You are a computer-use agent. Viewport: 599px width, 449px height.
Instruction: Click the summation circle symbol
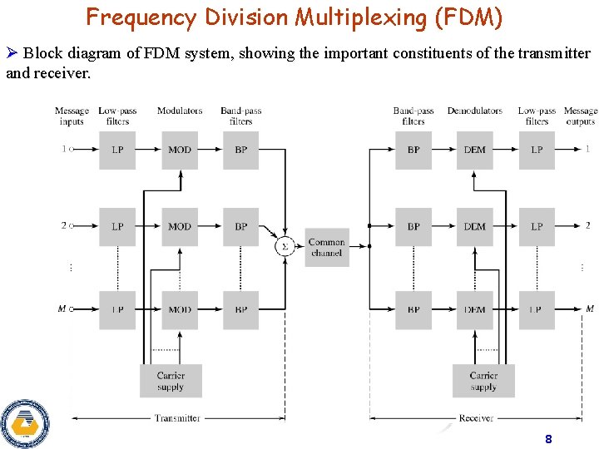pos(285,246)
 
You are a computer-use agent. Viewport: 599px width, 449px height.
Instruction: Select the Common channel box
pos(327,247)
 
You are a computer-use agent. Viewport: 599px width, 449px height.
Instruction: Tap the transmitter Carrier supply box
pos(171,381)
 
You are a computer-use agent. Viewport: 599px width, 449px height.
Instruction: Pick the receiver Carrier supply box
pos(483,381)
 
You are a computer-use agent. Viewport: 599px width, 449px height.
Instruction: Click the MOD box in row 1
pos(180,150)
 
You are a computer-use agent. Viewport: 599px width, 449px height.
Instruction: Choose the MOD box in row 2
pos(180,226)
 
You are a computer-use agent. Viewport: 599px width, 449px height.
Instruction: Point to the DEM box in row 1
pos(475,150)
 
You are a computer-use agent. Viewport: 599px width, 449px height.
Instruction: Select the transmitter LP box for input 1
pos(117,150)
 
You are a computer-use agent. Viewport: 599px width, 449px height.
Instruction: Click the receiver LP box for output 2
pos(537,226)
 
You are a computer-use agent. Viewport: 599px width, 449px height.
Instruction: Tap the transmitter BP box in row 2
pos(241,226)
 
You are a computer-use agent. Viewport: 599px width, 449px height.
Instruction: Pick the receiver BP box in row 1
pos(413,150)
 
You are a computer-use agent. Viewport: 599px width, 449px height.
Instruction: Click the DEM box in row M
pos(475,309)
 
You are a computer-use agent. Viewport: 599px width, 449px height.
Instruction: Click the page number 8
pos(547,438)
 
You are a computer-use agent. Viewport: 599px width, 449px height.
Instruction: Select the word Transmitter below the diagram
pos(178,418)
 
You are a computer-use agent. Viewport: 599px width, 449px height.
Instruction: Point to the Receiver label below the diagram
pos(476,418)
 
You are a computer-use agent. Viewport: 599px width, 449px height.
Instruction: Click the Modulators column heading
pos(180,111)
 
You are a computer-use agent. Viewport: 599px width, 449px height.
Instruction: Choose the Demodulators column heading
pos(475,111)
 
